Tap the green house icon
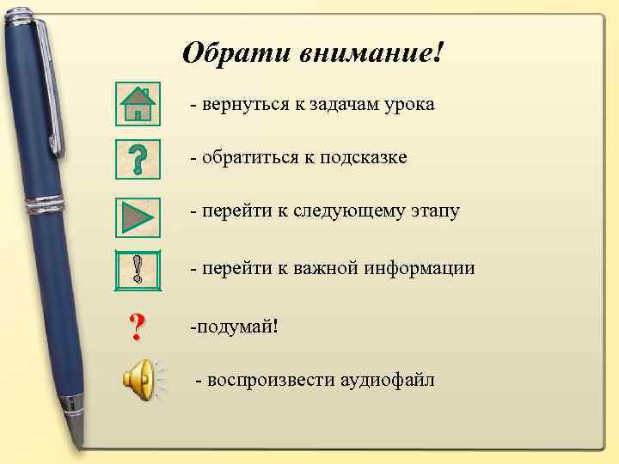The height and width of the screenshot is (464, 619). point(138,104)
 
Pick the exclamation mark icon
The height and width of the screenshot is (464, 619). point(138,269)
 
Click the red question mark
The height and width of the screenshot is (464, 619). point(136,327)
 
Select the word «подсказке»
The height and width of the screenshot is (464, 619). point(365,158)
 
